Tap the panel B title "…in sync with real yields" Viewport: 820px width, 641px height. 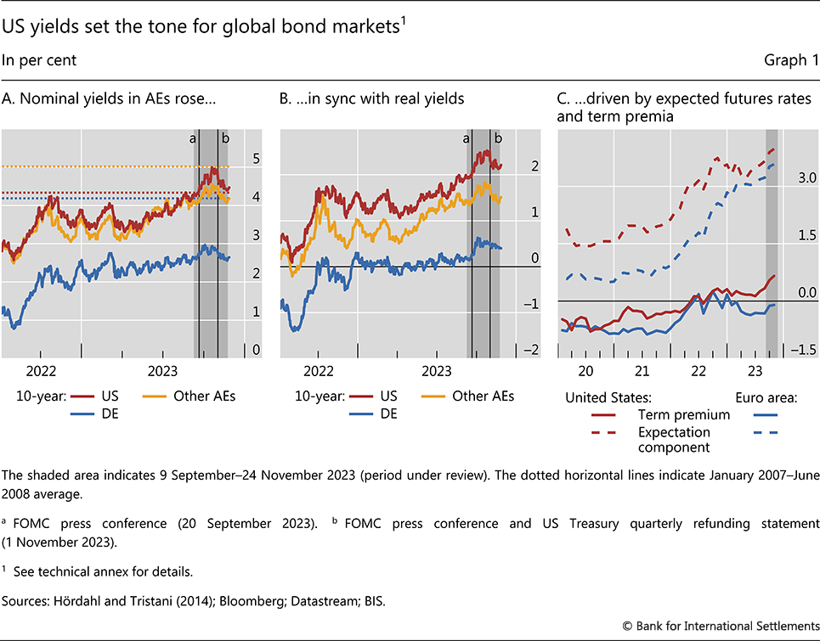(372, 98)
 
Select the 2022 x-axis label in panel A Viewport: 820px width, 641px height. (42, 371)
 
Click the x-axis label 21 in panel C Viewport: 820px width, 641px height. (642, 371)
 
